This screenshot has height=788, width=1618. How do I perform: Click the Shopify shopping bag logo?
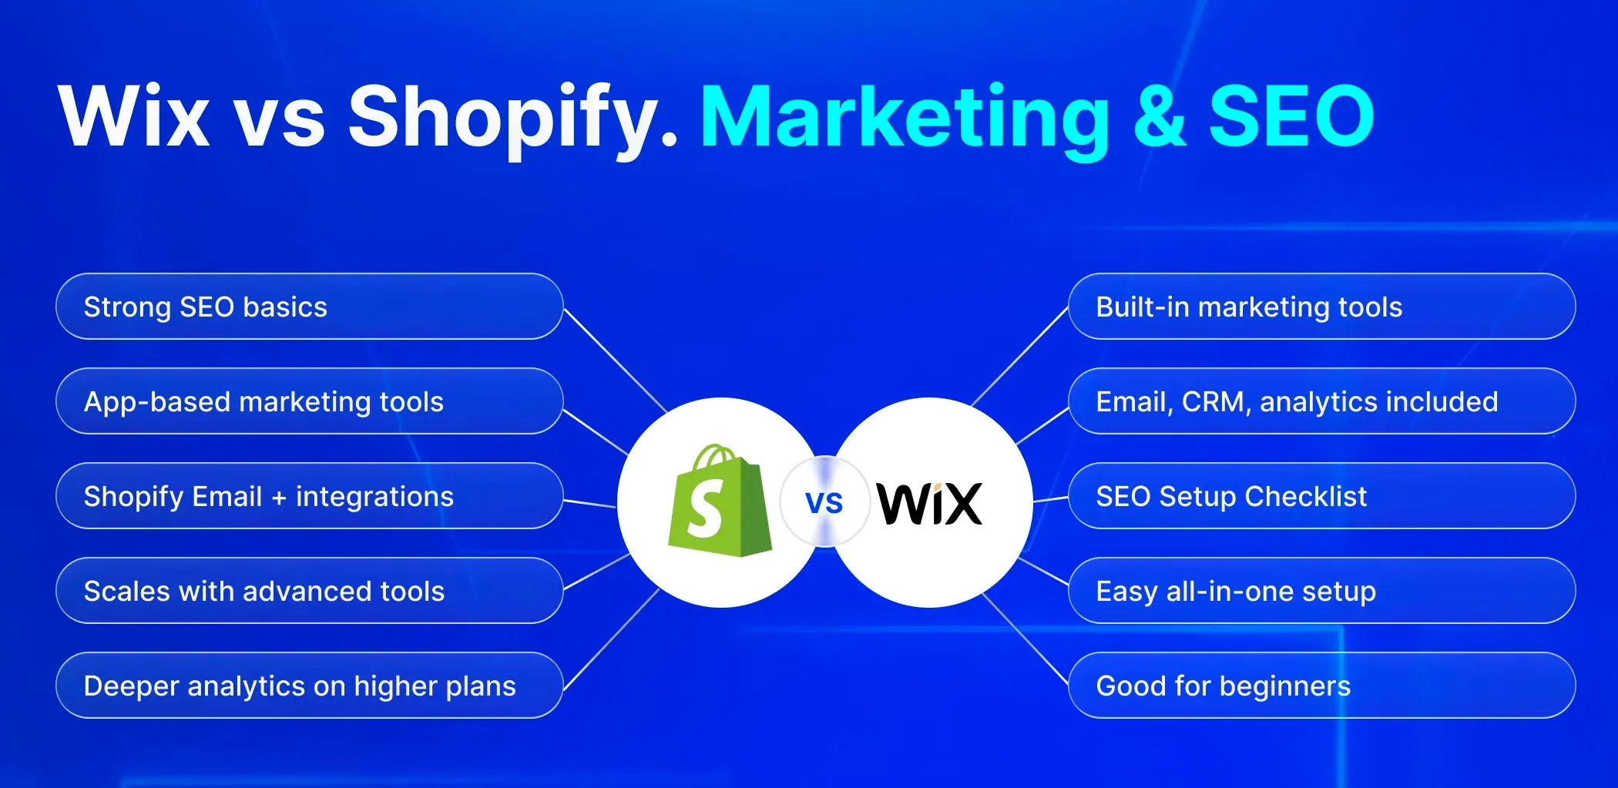(720, 501)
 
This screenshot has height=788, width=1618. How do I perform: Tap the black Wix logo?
(930, 504)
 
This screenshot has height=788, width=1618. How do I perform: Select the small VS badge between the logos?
(824, 502)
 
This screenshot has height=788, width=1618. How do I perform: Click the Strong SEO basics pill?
(309, 307)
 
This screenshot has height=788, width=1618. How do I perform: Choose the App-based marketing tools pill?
(309, 401)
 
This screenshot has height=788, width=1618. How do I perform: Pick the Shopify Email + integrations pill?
(309, 496)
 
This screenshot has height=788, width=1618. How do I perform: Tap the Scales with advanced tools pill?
(309, 591)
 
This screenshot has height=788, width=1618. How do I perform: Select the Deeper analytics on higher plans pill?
(309, 686)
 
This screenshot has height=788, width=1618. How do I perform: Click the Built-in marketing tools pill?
(1321, 307)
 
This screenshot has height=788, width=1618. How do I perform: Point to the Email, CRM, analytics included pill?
(1321, 401)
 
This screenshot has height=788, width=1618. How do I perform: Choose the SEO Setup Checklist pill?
(1321, 496)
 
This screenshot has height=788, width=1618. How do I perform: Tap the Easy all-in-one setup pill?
(1321, 591)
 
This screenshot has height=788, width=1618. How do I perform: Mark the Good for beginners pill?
(1321, 686)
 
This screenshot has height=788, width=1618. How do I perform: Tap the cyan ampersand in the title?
(1160, 116)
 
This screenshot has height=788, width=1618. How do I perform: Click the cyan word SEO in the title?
(1292, 116)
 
